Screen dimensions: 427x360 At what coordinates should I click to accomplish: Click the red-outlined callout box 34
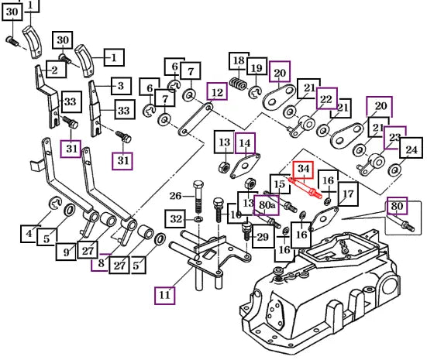303,170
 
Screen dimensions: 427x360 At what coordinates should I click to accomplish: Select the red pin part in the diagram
305,188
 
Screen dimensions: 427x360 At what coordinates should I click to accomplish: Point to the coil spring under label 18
238,84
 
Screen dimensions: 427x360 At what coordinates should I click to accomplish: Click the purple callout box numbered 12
217,91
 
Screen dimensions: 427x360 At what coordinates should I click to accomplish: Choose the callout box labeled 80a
266,205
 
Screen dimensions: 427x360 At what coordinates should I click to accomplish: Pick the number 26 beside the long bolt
175,196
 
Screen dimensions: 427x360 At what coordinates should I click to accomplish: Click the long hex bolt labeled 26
198,197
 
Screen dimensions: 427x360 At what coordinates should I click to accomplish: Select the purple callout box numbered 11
164,295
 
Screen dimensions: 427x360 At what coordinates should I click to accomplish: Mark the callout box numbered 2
56,69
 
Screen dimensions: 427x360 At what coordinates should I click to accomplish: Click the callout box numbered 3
121,86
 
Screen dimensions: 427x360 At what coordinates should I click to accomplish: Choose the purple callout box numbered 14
245,143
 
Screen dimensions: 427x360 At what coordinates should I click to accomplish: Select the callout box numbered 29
263,236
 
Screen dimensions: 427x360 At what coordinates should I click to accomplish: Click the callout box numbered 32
175,219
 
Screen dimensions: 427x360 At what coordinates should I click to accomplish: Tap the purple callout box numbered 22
327,98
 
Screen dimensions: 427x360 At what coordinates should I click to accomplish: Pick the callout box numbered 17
348,194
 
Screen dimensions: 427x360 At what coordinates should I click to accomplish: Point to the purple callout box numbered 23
395,138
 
